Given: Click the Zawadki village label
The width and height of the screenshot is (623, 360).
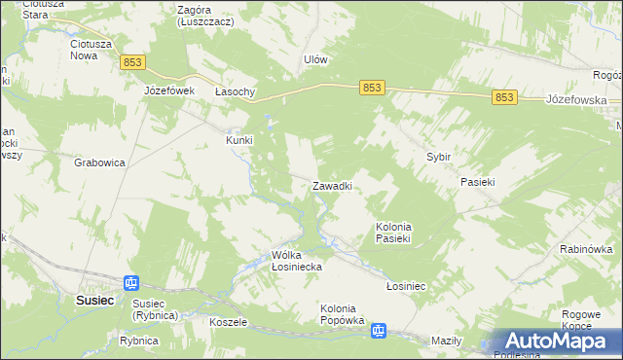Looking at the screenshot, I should pyautogui.click(x=331, y=185).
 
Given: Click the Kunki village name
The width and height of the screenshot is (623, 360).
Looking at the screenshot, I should pyautogui.click(x=239, y=140).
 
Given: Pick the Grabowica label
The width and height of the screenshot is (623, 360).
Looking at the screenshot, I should pyautogui.click(x=100, y=163).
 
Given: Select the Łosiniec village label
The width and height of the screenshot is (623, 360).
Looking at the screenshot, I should pyautogui.click(x=408, y=287).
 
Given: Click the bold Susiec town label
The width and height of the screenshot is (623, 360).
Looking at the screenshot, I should pyautogui.click(x=95, y=301).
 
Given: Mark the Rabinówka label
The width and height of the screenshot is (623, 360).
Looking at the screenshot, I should pyautogui.click(x=585, y=249).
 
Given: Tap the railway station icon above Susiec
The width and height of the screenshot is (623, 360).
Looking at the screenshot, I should pyautogui.click(x=131, y=283).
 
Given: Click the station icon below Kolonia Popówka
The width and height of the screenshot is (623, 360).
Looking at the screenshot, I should pyautogui.click(x=378, y=332).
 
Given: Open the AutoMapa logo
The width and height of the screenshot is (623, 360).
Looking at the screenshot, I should pyautogui.click(x=558, y=342).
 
